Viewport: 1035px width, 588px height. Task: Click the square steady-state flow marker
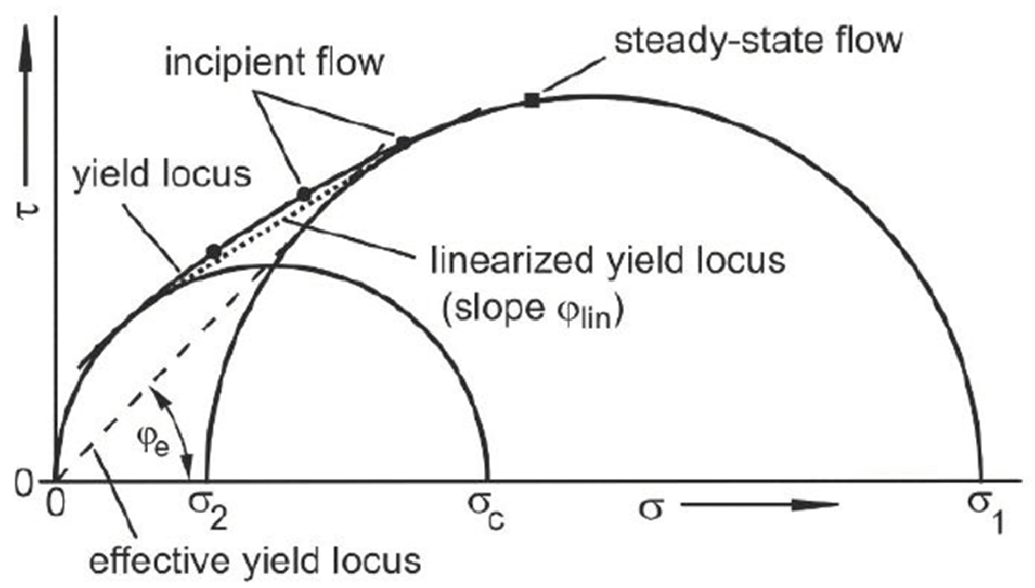(x=531, y=100)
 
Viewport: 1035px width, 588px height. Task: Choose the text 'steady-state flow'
(x=758, y=40)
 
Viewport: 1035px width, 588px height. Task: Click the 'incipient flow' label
(x=274, y=62)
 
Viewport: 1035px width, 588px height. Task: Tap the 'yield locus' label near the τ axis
(x=162, y=174)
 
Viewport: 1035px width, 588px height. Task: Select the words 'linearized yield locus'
(x=608, y=261)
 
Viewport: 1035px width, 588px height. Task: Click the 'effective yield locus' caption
(x=255, y=561)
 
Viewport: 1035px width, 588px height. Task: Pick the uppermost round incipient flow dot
(x=403, y=142)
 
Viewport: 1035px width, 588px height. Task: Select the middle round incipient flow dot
(x=304, y=195)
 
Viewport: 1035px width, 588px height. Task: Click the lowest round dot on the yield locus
(x=214, y=251)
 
